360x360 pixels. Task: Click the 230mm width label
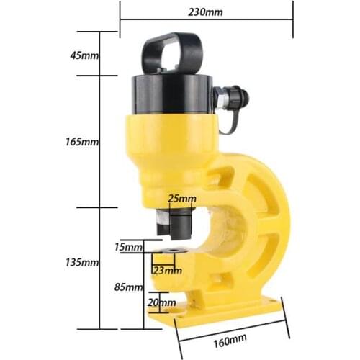204,12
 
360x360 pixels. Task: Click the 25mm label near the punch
181,198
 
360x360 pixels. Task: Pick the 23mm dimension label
167,271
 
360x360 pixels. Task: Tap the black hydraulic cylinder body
166,94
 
